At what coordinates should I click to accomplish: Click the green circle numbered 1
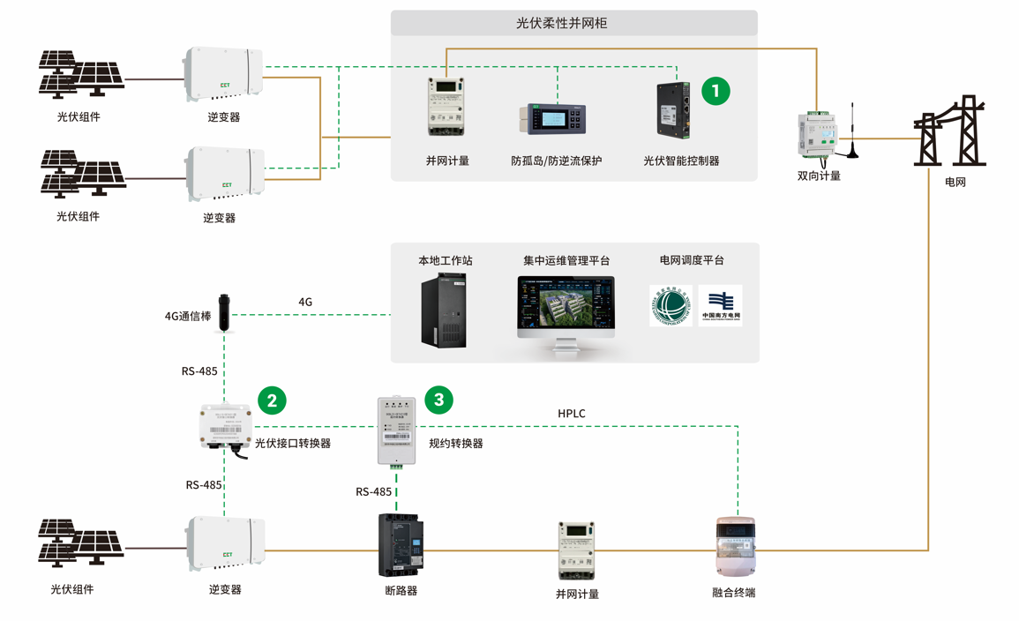point(716,91)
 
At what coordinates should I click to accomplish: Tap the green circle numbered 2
point(272,400)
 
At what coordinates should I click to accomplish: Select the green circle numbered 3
point(438,400)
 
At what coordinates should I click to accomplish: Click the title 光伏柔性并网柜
point(574,24)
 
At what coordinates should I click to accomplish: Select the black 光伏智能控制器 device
point(673,110)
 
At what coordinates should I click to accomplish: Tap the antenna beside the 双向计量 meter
point(852,132)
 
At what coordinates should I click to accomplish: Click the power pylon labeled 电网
point(950,132)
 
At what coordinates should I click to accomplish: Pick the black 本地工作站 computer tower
point(444,310)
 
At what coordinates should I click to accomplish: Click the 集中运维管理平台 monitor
point(566,310)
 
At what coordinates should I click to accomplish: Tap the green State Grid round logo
point(671,306)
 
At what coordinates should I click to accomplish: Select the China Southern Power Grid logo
point(720,306)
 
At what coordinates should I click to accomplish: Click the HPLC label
point(571,413)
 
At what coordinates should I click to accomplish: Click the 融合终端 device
point(734,548)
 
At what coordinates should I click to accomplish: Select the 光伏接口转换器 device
point(227,428)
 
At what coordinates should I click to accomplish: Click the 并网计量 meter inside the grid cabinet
point(446,107)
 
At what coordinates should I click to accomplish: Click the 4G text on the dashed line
point(305,302)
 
